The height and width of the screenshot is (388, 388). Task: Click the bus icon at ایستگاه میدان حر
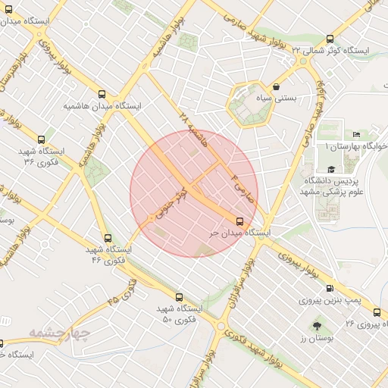(240, 221)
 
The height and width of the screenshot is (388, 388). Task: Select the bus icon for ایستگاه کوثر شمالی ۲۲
(329, 39)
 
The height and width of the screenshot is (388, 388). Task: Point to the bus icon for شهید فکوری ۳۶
(40, 139)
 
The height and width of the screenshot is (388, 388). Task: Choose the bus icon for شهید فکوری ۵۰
(179, 297)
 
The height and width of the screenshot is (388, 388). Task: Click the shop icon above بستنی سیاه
(274, 86)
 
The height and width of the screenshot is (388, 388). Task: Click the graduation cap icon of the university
(331, 170)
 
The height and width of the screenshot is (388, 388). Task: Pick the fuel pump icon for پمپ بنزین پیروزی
(329, 288)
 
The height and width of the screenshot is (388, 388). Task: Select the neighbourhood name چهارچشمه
(60, 333)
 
